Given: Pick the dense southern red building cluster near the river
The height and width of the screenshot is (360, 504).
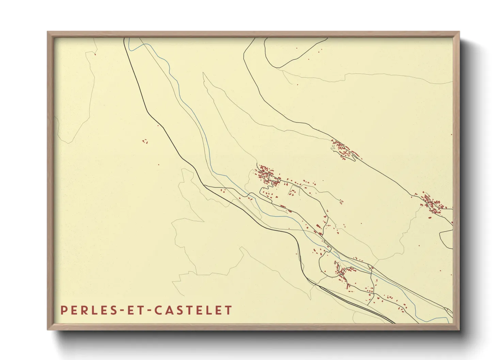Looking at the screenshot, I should [342, 271].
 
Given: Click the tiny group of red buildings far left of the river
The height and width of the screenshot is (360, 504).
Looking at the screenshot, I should [145, 141].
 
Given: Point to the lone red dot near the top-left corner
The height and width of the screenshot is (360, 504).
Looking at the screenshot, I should [95, 54].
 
